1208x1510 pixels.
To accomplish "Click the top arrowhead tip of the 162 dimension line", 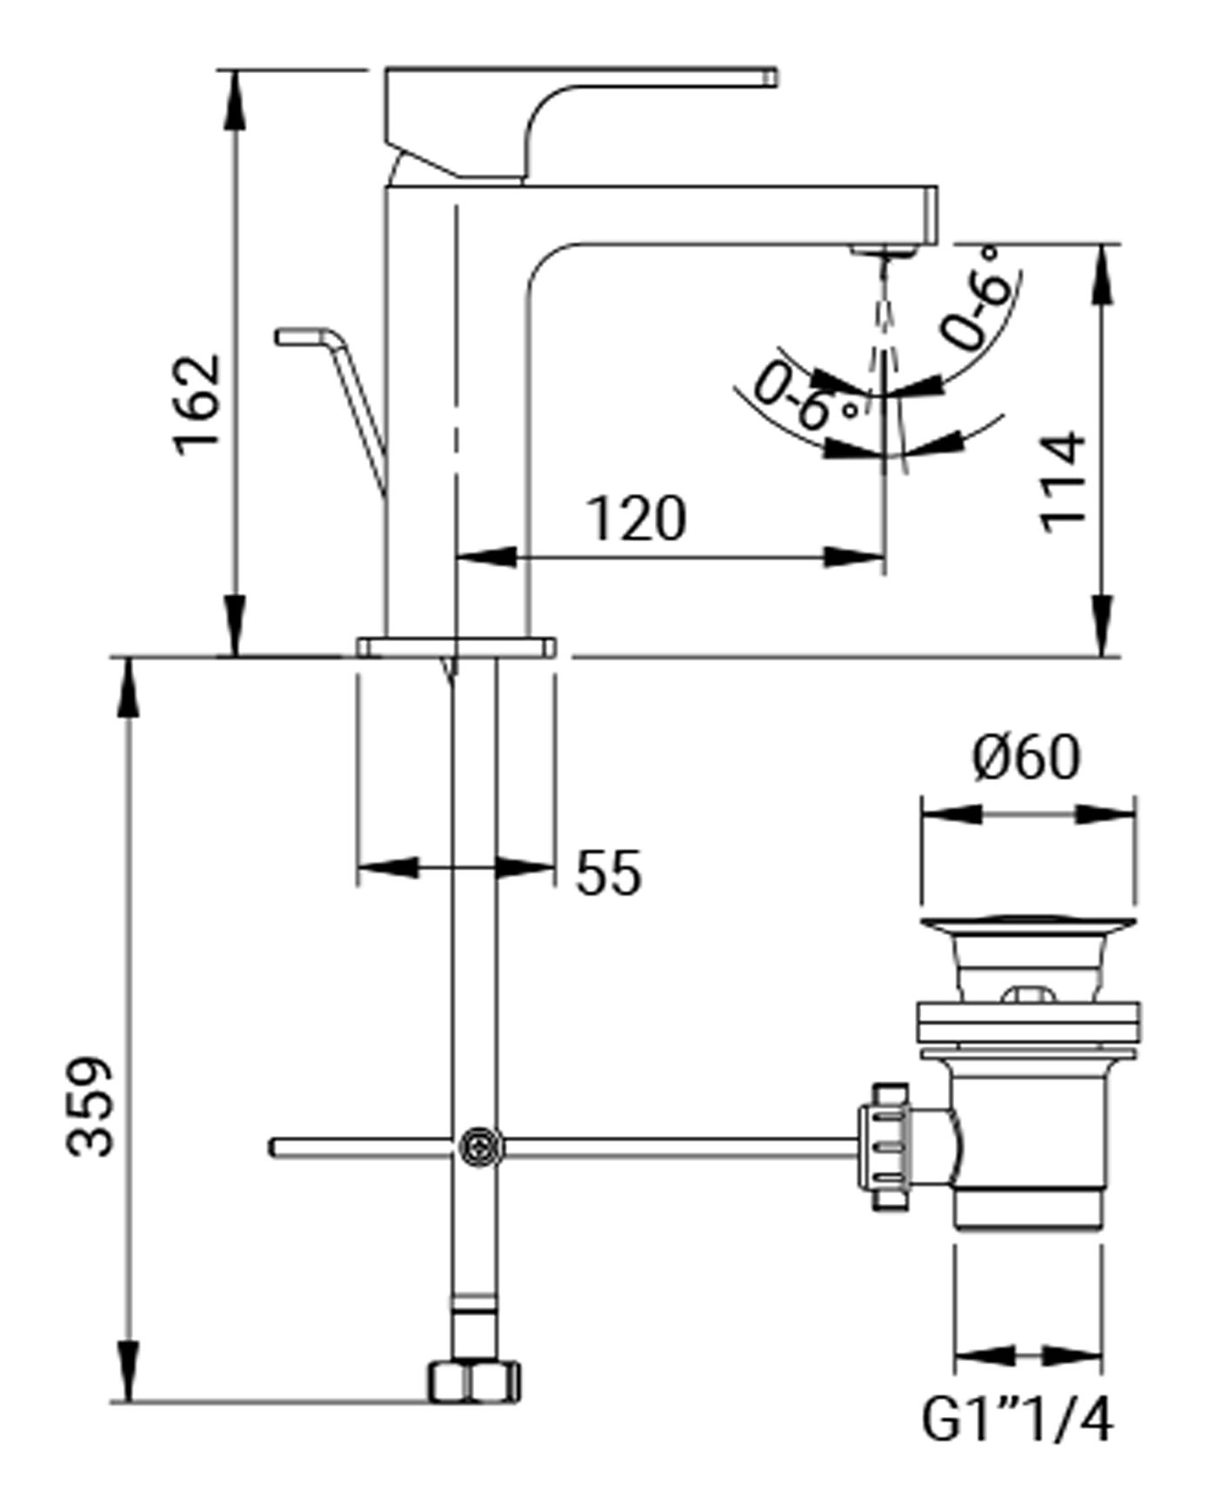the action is (x=234, y=70).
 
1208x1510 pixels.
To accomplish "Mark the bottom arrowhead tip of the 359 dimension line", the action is (x=128, y=1402).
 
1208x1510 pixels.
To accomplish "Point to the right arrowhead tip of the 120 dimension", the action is (x=884, y=557).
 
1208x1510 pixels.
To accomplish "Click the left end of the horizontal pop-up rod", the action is (x=270, y=1147).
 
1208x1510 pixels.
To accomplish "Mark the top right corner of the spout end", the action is (x=938, y=186).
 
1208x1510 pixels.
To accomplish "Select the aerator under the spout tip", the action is (x=885, y=250).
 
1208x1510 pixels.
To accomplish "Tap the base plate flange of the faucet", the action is (x=456, y=647).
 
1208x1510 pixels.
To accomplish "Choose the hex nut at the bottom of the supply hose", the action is (x=475, y=1382).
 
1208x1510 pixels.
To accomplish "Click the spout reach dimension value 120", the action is (x=637, y=518).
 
